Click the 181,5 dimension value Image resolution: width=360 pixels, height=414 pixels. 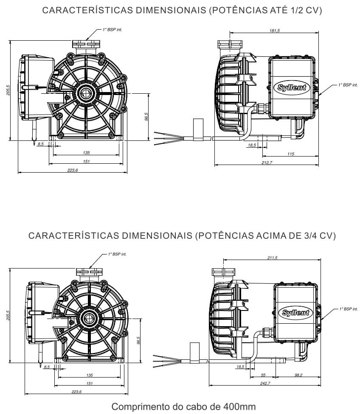[274, 31]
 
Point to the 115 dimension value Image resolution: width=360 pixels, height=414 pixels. [291, 154]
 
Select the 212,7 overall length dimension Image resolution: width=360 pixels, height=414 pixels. [267, 163]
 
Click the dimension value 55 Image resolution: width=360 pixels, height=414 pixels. [263, 375]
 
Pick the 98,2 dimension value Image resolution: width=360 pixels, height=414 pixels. [298, 375]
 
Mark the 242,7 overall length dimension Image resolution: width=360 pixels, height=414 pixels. [264, 383]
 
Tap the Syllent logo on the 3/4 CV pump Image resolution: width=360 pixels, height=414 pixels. [296, 313]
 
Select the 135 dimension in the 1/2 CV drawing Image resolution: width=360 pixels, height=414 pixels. [86, 153]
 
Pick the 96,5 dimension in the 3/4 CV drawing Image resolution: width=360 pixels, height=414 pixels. [138, 340]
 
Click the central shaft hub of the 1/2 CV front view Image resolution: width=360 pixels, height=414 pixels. [86, 92]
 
